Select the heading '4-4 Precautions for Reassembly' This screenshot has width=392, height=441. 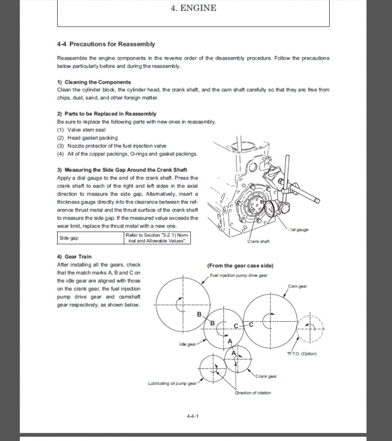(x=106, y=44)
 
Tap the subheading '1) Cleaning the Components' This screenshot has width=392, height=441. (x=94, y=82)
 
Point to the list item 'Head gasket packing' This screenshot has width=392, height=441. (x=92, y=138)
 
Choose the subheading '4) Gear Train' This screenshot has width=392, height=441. (x=75, y=256)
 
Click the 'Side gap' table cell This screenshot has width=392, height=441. (x=69, y=238)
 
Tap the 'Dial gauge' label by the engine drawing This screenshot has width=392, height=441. (x=298, y=230)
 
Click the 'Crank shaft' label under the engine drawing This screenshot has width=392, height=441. (x=258, y=241)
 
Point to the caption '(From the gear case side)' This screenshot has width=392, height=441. (x=240, y=266)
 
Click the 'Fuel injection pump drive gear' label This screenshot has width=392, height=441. (x=239, y=275)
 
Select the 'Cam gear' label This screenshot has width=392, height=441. (x=298, y=287)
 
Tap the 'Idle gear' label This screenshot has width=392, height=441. (x=187, y=344)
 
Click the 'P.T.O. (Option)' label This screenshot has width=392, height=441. (x=302, y=354)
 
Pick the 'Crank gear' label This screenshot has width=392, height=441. (x=266, y=376)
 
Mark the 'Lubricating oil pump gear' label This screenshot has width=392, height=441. (x=172, y=383)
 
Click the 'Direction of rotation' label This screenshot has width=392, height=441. (x=253, y=393)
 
